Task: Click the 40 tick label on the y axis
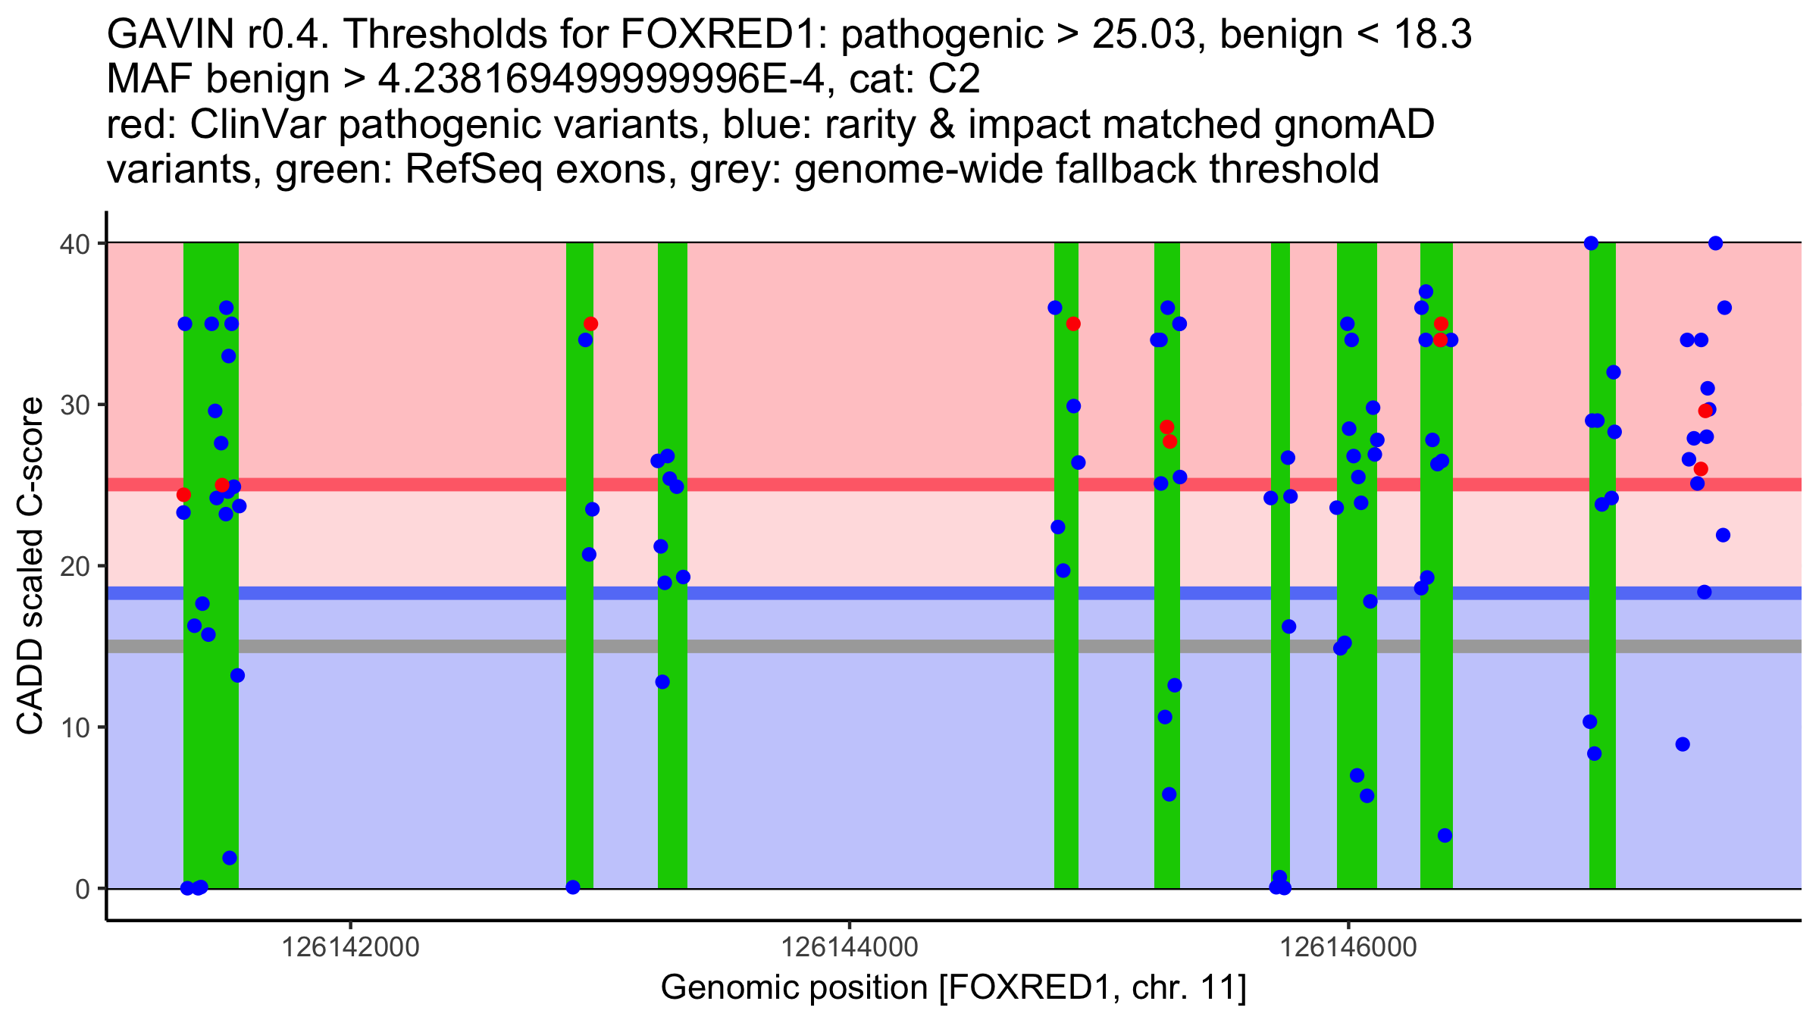point(76,244)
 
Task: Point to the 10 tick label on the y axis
point(76,728)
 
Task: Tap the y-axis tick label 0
point(83,890)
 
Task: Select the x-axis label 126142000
point(350,947)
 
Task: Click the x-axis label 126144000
point(849,947)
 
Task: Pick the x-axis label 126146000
point(1348,947)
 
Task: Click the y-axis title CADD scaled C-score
point(30,566)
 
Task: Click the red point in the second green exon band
point(590,324)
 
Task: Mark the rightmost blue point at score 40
point(1715,243)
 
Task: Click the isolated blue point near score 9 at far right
point(1683,744)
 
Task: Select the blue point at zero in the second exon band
point(573,887)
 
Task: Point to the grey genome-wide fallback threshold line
point(758,646)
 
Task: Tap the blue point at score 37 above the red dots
point(1426,292)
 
